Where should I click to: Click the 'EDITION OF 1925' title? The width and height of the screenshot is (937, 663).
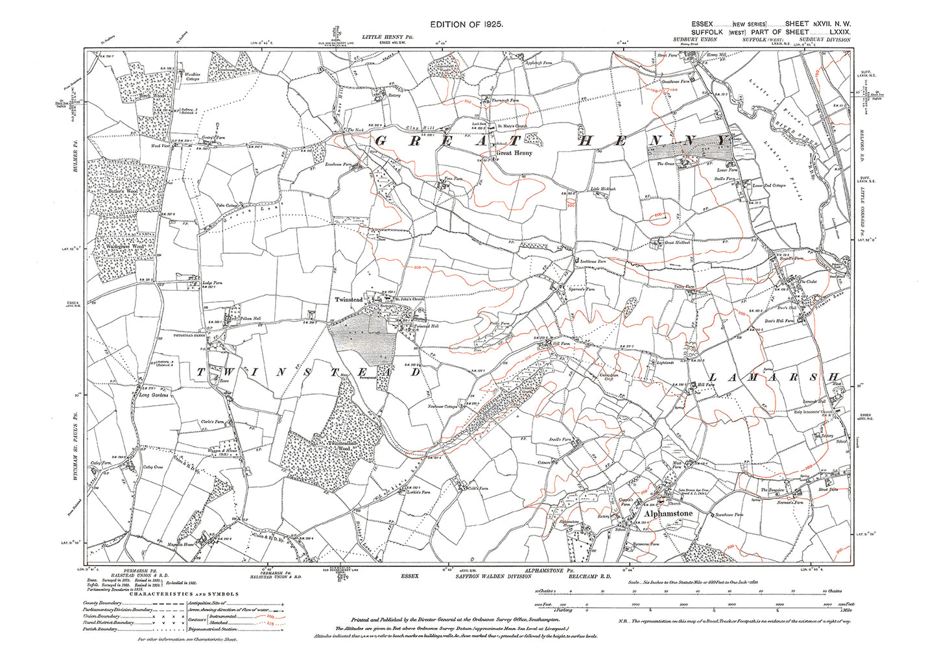point(466,24)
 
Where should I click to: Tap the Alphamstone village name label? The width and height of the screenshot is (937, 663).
point(669,513)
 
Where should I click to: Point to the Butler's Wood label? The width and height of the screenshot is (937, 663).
point(123,193)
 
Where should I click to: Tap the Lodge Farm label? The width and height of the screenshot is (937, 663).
point(212,283)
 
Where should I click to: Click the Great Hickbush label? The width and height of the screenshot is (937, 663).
point(678,243)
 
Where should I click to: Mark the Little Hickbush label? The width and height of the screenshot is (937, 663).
point(603,189)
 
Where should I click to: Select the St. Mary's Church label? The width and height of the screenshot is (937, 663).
point(512,127)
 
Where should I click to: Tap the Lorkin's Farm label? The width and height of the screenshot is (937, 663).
point(420,492)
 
